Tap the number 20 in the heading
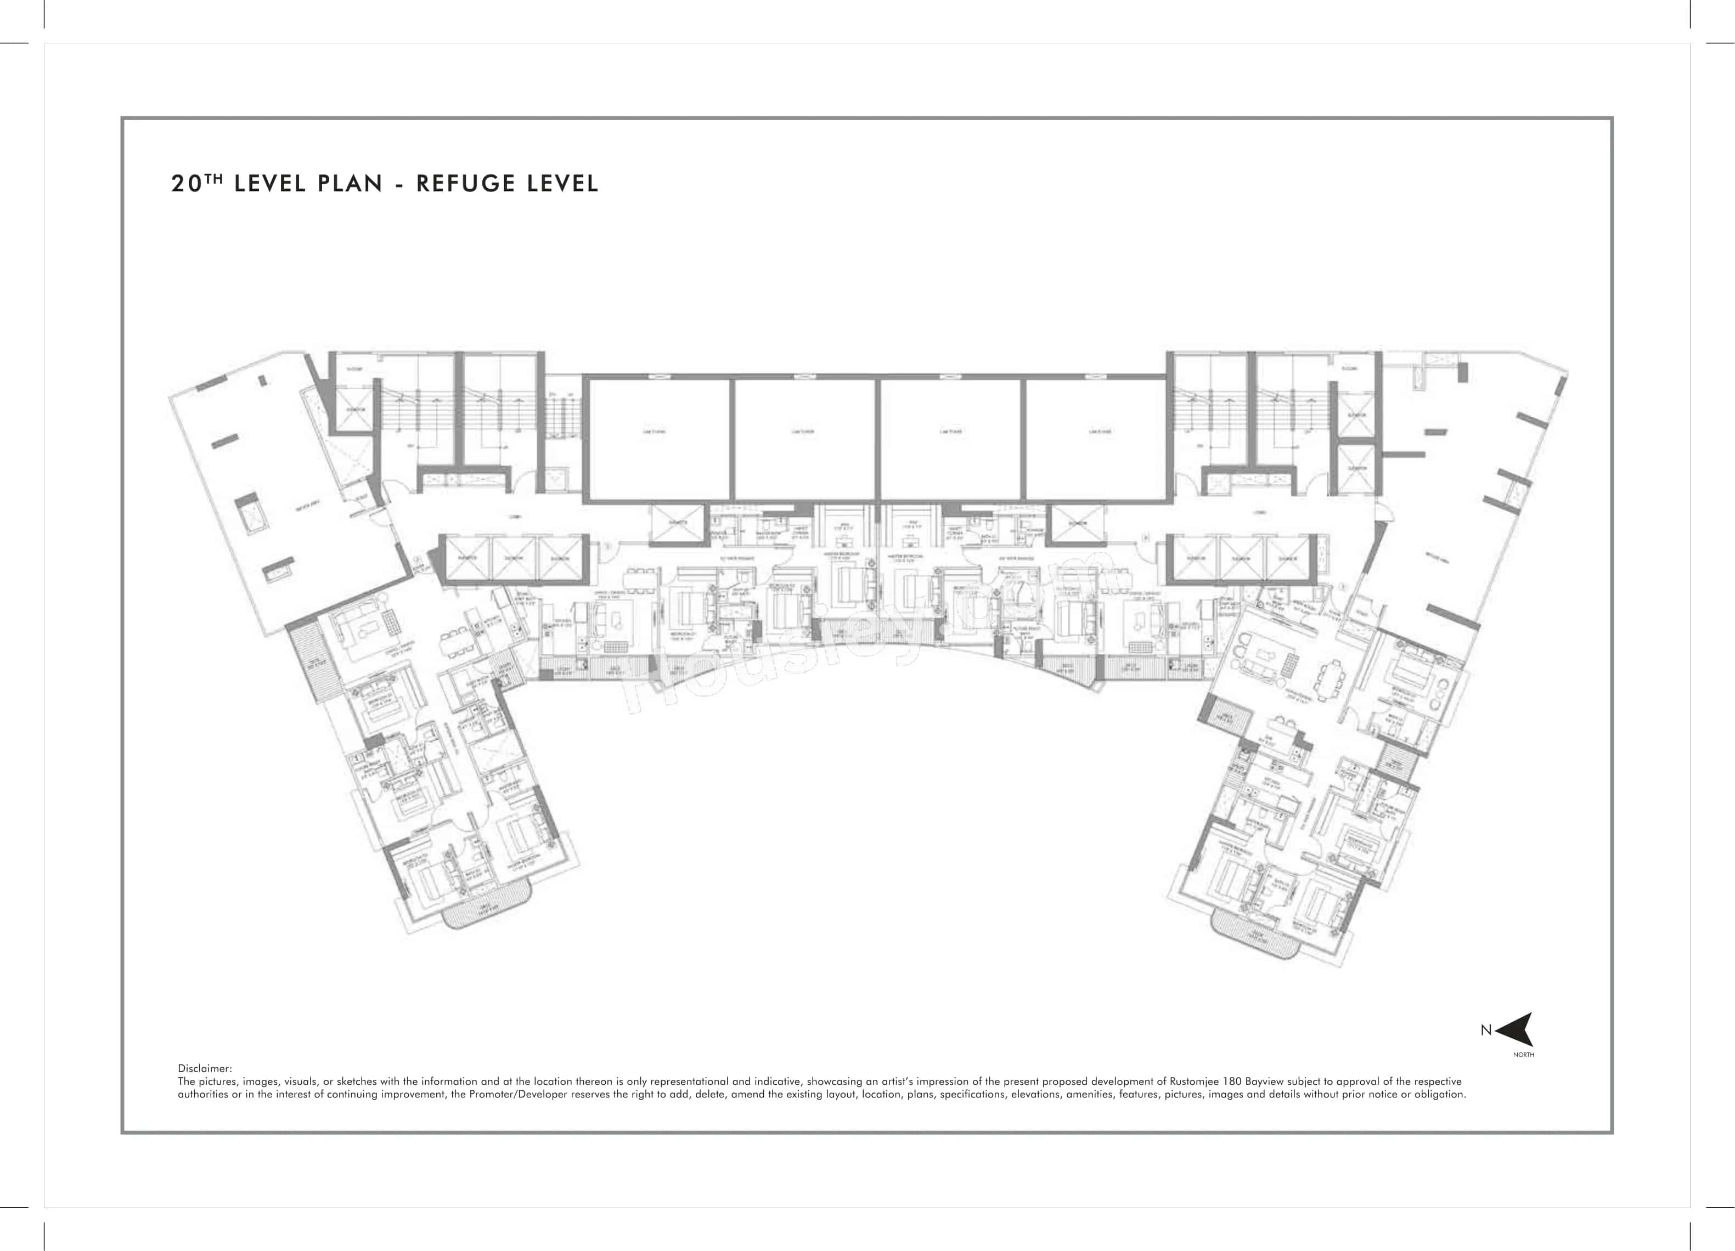pos(187,184)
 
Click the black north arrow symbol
pos(1516,1029)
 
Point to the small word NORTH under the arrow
pos(1523,1055)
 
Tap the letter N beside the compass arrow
pos(1485,1030)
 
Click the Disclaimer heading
pos(204,1068)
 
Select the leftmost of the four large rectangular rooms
pos(656,438)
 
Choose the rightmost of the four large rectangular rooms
pos(1095,438)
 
